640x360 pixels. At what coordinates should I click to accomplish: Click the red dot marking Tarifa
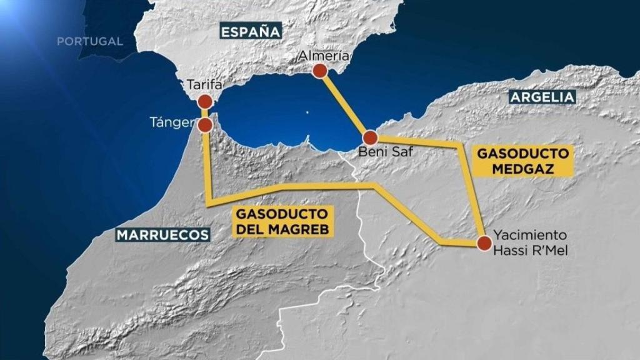(205, 102)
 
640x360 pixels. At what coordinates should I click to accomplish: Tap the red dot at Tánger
(205, 126)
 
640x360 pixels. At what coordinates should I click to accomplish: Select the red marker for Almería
(320, 71)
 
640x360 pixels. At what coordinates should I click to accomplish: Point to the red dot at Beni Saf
(370, 137)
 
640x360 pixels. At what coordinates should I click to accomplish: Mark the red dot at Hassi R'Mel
(484, 243)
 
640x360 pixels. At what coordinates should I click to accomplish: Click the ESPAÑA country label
(250, 31)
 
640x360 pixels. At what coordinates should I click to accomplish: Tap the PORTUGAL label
(90, 41)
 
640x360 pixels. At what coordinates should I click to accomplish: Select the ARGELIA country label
(542, 97)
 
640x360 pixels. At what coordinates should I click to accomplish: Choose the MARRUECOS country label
(162, 234)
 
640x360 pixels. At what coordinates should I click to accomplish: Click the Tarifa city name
(204, 84)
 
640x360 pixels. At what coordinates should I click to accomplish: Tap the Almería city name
(323, 55)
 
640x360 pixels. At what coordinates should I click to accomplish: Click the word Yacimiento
(530, 236)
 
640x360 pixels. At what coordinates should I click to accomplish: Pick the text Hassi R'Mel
(530, 249)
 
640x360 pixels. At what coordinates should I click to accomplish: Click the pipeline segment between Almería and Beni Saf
(345, 104)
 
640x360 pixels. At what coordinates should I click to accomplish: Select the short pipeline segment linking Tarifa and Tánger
(205, 114)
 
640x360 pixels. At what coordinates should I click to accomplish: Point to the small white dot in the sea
(306, 112)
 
